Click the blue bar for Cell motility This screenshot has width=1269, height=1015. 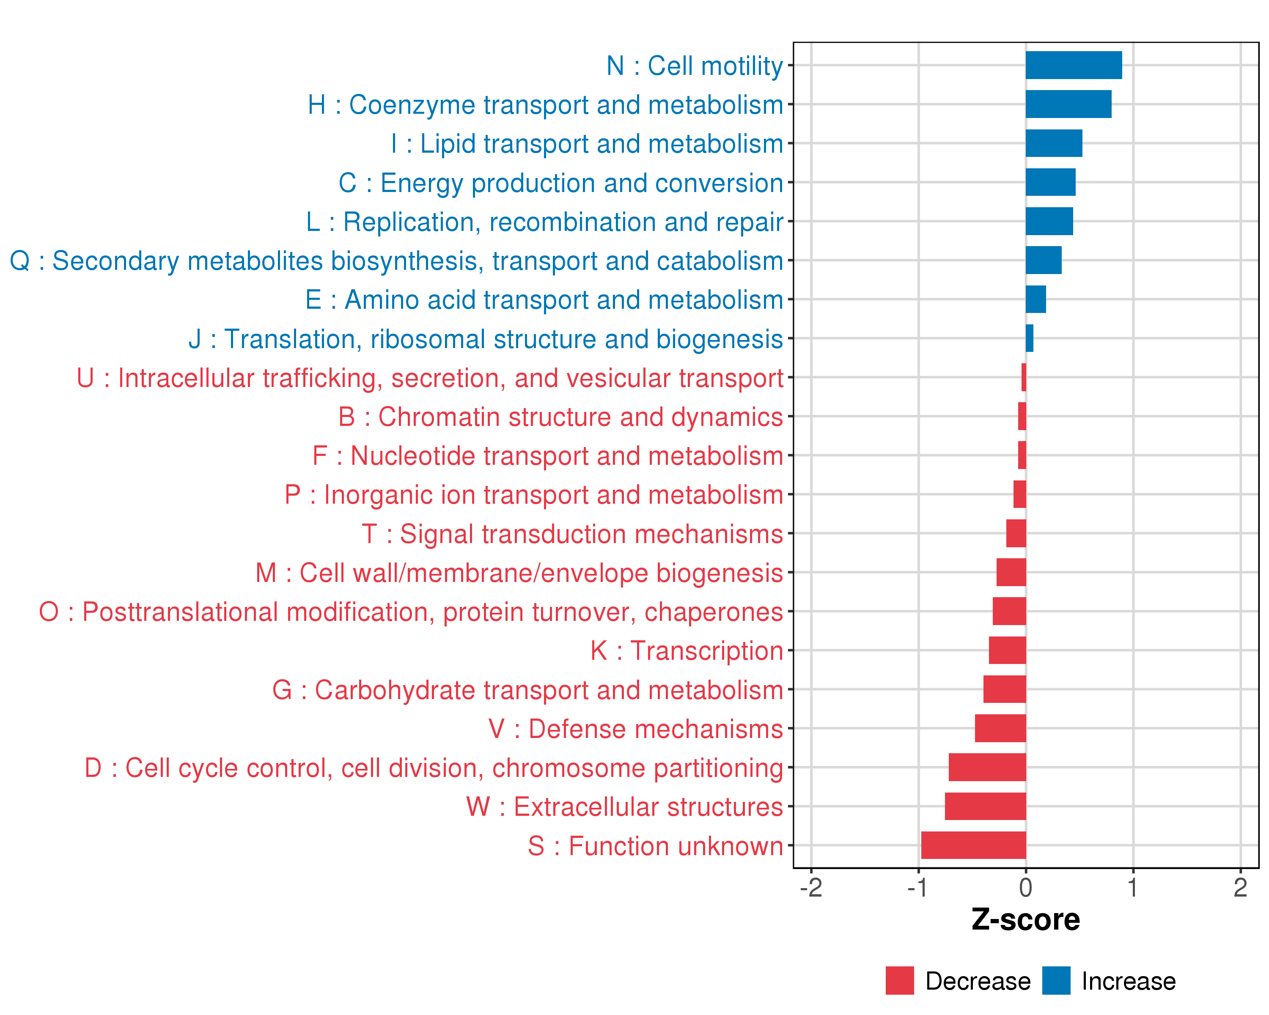tap(1073, 65)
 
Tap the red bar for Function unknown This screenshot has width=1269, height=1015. tap(973, 845)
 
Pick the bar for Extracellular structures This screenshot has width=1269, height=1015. tap(985, 806)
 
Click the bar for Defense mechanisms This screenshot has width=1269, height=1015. tap(1000, 728)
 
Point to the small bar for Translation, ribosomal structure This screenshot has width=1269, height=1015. tap(1029, 338)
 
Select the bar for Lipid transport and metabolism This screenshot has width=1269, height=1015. tap(1054, 143)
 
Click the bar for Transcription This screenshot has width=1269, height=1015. tap(1007, 650)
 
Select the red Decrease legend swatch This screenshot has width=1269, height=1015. tap(899, 981)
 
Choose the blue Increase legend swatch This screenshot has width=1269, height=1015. tap(1056, 981)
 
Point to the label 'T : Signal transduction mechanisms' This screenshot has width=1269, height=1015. tap(572, 534)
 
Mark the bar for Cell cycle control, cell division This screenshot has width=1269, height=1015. tap(987, 767)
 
